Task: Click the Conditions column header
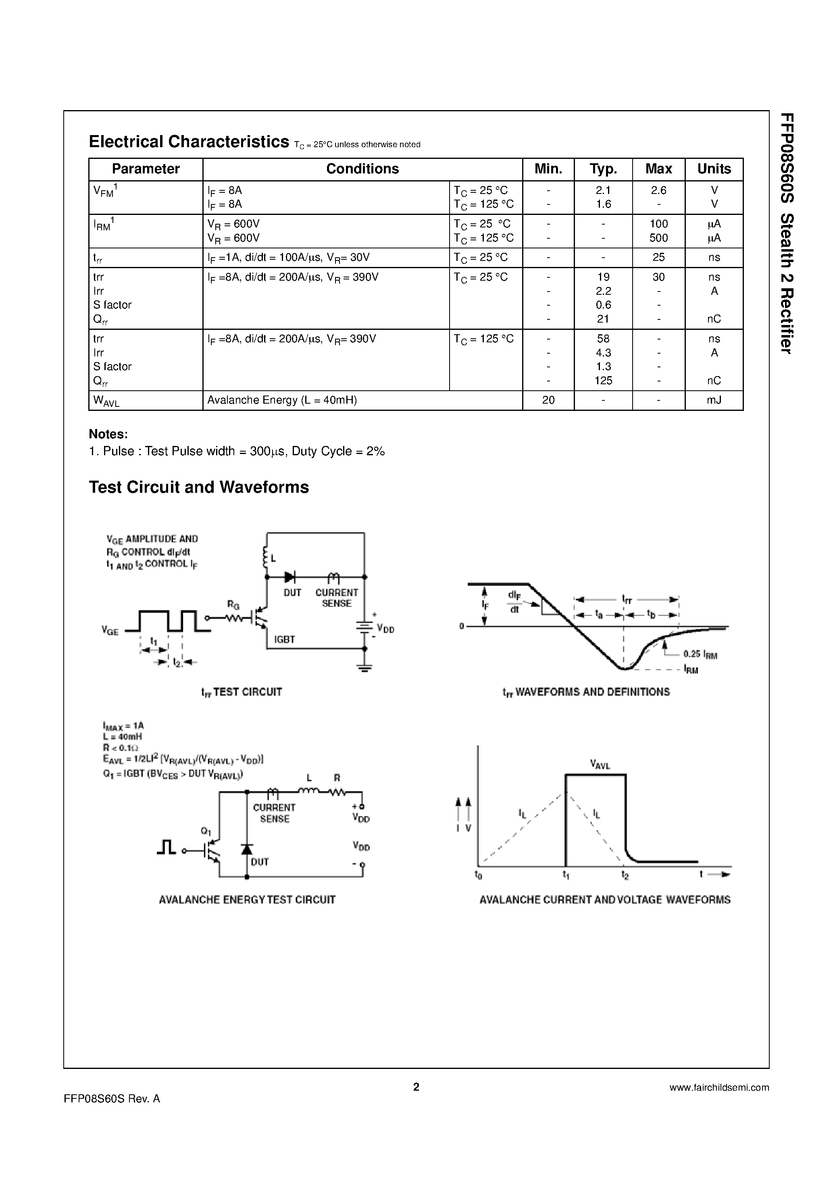tap(362, 169)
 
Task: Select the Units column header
tap(714, 169)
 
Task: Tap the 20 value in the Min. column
tap(548, 400)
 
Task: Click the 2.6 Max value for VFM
tap(658, 190)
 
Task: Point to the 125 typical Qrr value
tap(603, 381)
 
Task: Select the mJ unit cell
tap(714, 400)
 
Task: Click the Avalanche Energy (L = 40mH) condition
tap(281, 400)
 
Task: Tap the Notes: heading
tap(108, 434)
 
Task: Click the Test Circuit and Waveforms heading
tap(199, 487)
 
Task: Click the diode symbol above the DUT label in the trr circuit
tap(290, 577)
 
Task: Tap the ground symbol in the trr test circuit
tap(364, 668)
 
